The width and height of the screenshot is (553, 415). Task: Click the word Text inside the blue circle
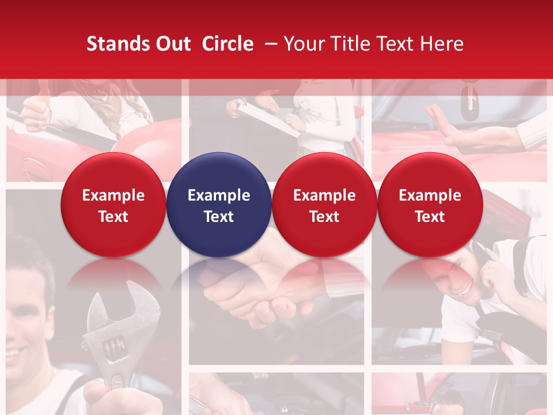219,217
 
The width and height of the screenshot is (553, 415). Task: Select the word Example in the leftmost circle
113,195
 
